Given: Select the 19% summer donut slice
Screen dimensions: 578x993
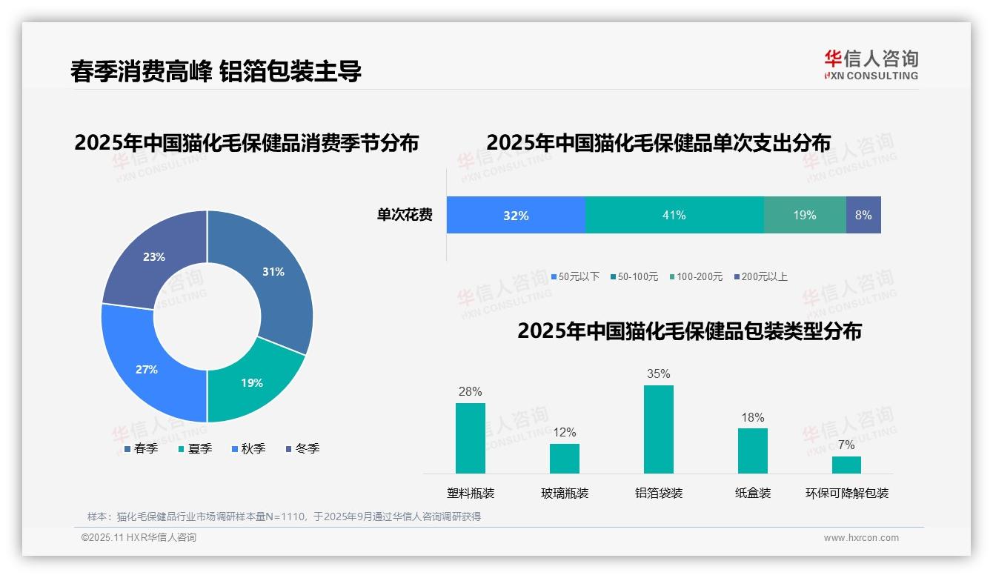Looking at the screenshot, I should (x=252, y=382).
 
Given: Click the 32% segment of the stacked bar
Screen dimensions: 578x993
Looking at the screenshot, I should (x=516, y=216).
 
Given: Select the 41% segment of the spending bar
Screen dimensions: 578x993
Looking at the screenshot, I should (x=674, y=216).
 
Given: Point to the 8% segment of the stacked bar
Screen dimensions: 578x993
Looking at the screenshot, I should (x=863, y=216).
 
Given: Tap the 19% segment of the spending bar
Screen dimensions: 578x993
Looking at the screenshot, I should (x=805, y=216).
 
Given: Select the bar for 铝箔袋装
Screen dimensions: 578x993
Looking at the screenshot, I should (x=659, y=429).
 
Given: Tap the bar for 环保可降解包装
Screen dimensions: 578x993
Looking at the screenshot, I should (x=846, y=465).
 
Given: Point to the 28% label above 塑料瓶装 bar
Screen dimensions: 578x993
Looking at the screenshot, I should (x=470, y=391).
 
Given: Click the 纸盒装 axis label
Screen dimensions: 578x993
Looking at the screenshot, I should (x=753, y=493).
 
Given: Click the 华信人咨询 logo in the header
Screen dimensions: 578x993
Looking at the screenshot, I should (x=871, y=64).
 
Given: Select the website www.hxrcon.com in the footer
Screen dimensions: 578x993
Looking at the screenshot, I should (x=861, y=538).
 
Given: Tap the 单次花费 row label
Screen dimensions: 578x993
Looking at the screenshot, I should (x=405, y=216).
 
